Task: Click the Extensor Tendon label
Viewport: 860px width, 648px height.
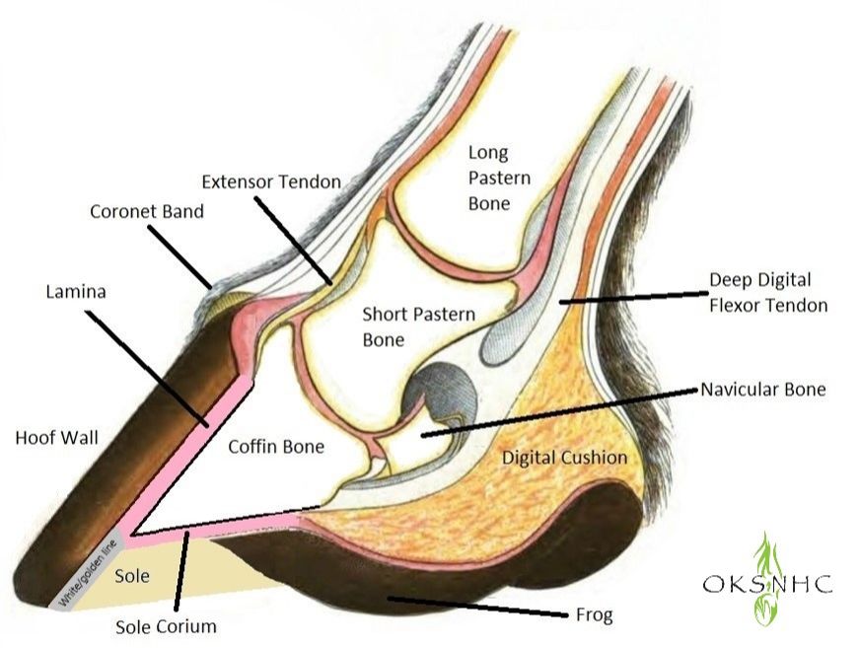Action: pyautogui.click(x=271, y=181)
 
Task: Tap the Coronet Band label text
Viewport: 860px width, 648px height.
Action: pyautogui.click(x=146, y=211)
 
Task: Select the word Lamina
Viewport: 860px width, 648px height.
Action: pyautogui.click(x=76, y=291)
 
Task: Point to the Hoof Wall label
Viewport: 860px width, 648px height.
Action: pyautogui.click(x=56, y=437)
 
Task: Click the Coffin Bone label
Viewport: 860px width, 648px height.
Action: pyautogui.click(x=276, y=446)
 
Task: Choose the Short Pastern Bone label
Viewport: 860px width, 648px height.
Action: pyautogui.click(x=418, y=326)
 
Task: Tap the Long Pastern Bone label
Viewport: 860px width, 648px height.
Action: pyautogui.click(x=499, y=178)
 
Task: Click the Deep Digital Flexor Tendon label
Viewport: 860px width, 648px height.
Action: pyautogui.click(x=768, y=292)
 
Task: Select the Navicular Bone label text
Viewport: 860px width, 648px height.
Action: pyautogui.click(x=763, y=389)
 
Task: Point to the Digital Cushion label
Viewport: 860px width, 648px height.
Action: pyautogui.click(x=564, y=457)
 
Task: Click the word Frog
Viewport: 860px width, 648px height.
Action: pyautogui.click(x=594, y=615)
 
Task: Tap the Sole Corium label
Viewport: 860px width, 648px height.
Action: pyautogui.click(x=166, y=626)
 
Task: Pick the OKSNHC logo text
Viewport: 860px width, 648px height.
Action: pyautogui.click(x=767, y=584)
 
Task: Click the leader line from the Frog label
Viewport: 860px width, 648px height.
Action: pyautogui.click(x=477, y=607)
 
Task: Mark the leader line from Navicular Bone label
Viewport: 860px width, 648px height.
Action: pyautogui.click(x=560, y=412)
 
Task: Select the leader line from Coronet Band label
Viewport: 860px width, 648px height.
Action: pyautogui.click(x=179, y=256)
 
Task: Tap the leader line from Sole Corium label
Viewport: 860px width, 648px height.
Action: pyautogui.click(x=182, y=571)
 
